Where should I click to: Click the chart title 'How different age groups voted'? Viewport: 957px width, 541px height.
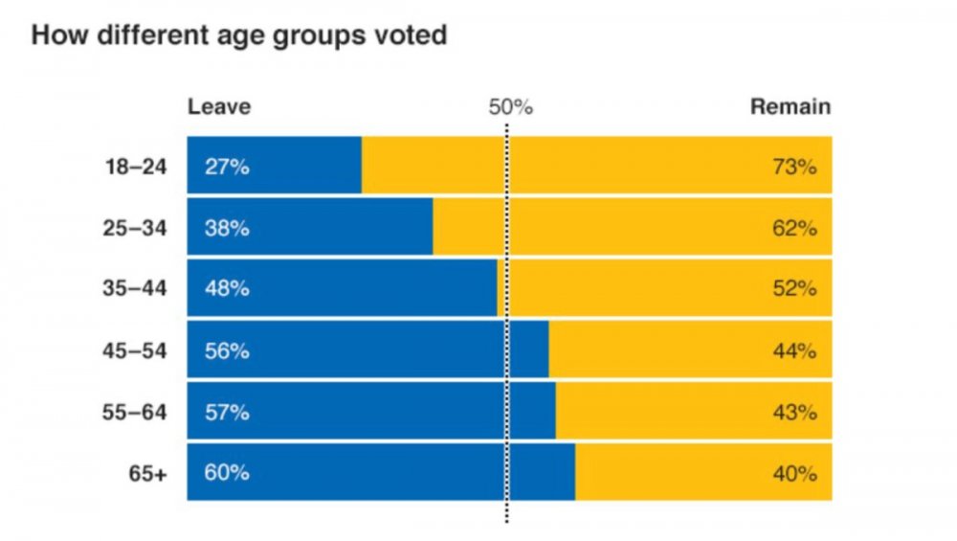239,36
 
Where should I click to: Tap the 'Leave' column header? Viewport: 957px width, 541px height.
219,106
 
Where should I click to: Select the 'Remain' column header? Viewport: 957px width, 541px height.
790,106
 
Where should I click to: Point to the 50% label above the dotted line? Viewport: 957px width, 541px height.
510,106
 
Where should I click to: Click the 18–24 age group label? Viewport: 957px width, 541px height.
135,167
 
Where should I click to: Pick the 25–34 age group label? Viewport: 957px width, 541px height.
135,228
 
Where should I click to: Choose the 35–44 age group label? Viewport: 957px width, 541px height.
135,288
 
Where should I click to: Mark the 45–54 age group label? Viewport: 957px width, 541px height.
135,350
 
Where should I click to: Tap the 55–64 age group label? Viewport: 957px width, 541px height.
135,413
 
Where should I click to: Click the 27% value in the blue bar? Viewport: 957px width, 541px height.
227,167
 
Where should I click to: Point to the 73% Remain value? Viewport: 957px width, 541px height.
794,167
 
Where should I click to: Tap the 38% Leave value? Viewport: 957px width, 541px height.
227,228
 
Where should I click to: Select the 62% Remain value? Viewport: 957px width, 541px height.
794,228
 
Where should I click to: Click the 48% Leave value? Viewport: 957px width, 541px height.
227,288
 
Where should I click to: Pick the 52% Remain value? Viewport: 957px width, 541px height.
794,288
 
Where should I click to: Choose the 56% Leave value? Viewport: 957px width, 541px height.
227,350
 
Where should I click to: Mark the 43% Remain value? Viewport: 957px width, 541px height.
794,413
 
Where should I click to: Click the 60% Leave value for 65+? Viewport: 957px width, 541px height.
227,473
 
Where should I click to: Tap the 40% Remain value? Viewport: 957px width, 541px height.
794,473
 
